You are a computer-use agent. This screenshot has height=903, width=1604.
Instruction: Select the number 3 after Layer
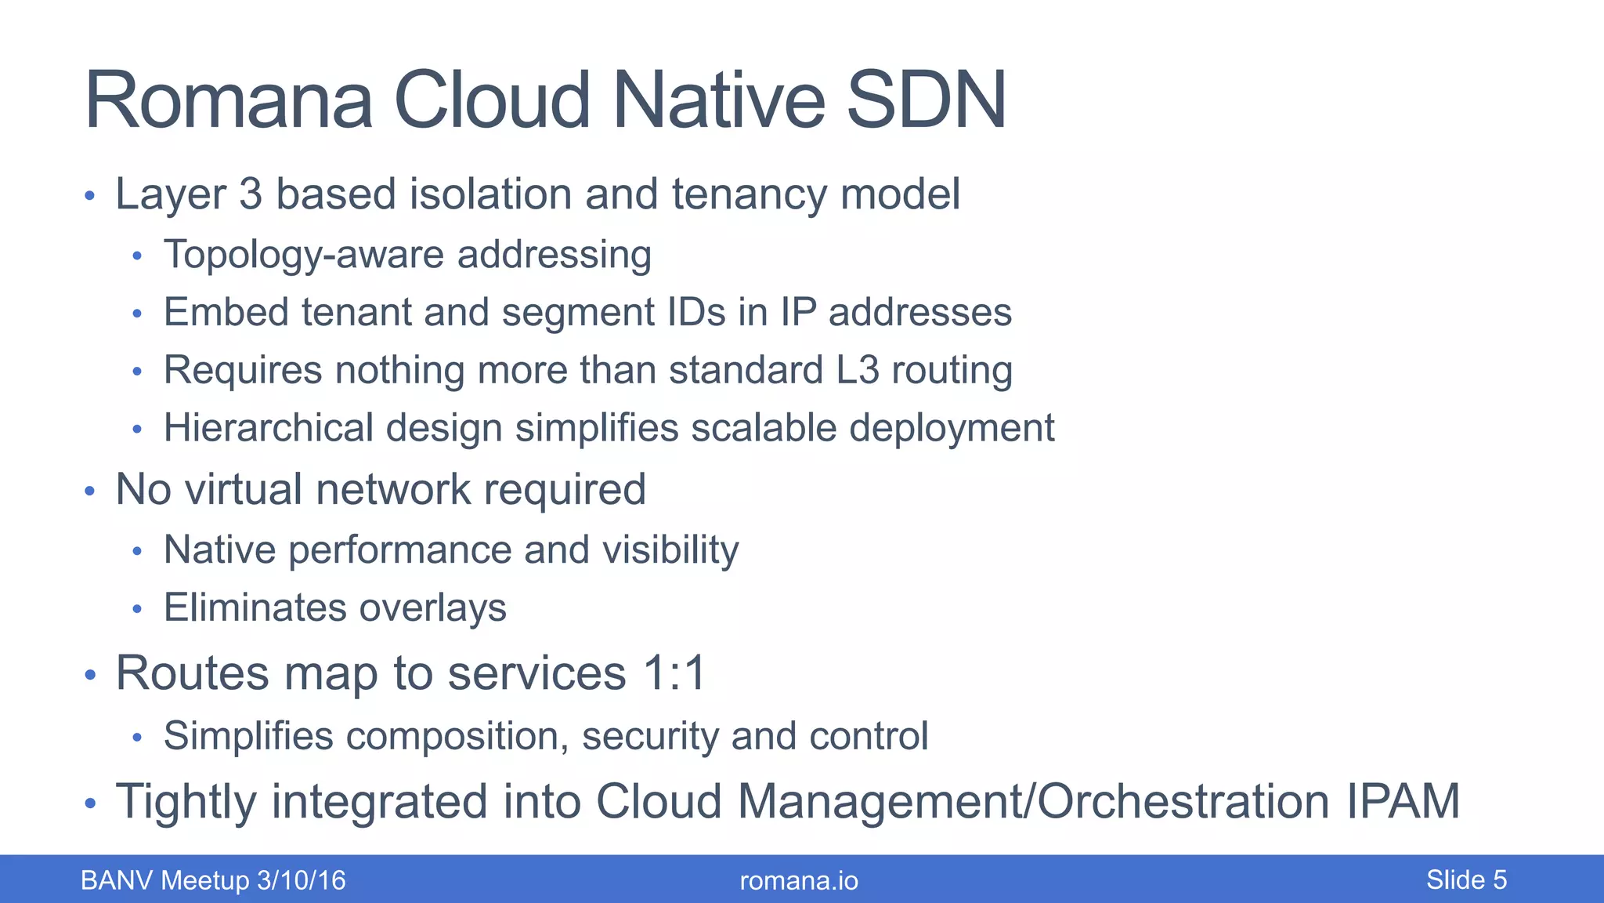(251, 194)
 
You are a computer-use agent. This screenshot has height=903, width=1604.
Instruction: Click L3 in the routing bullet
(858, 370)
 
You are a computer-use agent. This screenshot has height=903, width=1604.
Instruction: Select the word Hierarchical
(268, 428)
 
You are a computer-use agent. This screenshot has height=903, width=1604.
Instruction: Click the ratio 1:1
(674, 673)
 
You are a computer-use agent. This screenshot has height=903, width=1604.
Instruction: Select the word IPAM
(1403, 801)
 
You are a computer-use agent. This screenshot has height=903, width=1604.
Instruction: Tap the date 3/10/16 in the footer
(302, 880)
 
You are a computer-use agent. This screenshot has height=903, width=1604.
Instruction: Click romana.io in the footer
(799, 881)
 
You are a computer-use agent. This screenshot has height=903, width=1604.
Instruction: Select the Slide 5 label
(1466, 880)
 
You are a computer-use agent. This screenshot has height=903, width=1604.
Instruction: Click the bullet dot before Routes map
(90, 675)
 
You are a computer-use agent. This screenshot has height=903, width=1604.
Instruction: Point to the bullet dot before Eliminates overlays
(137, 609)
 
